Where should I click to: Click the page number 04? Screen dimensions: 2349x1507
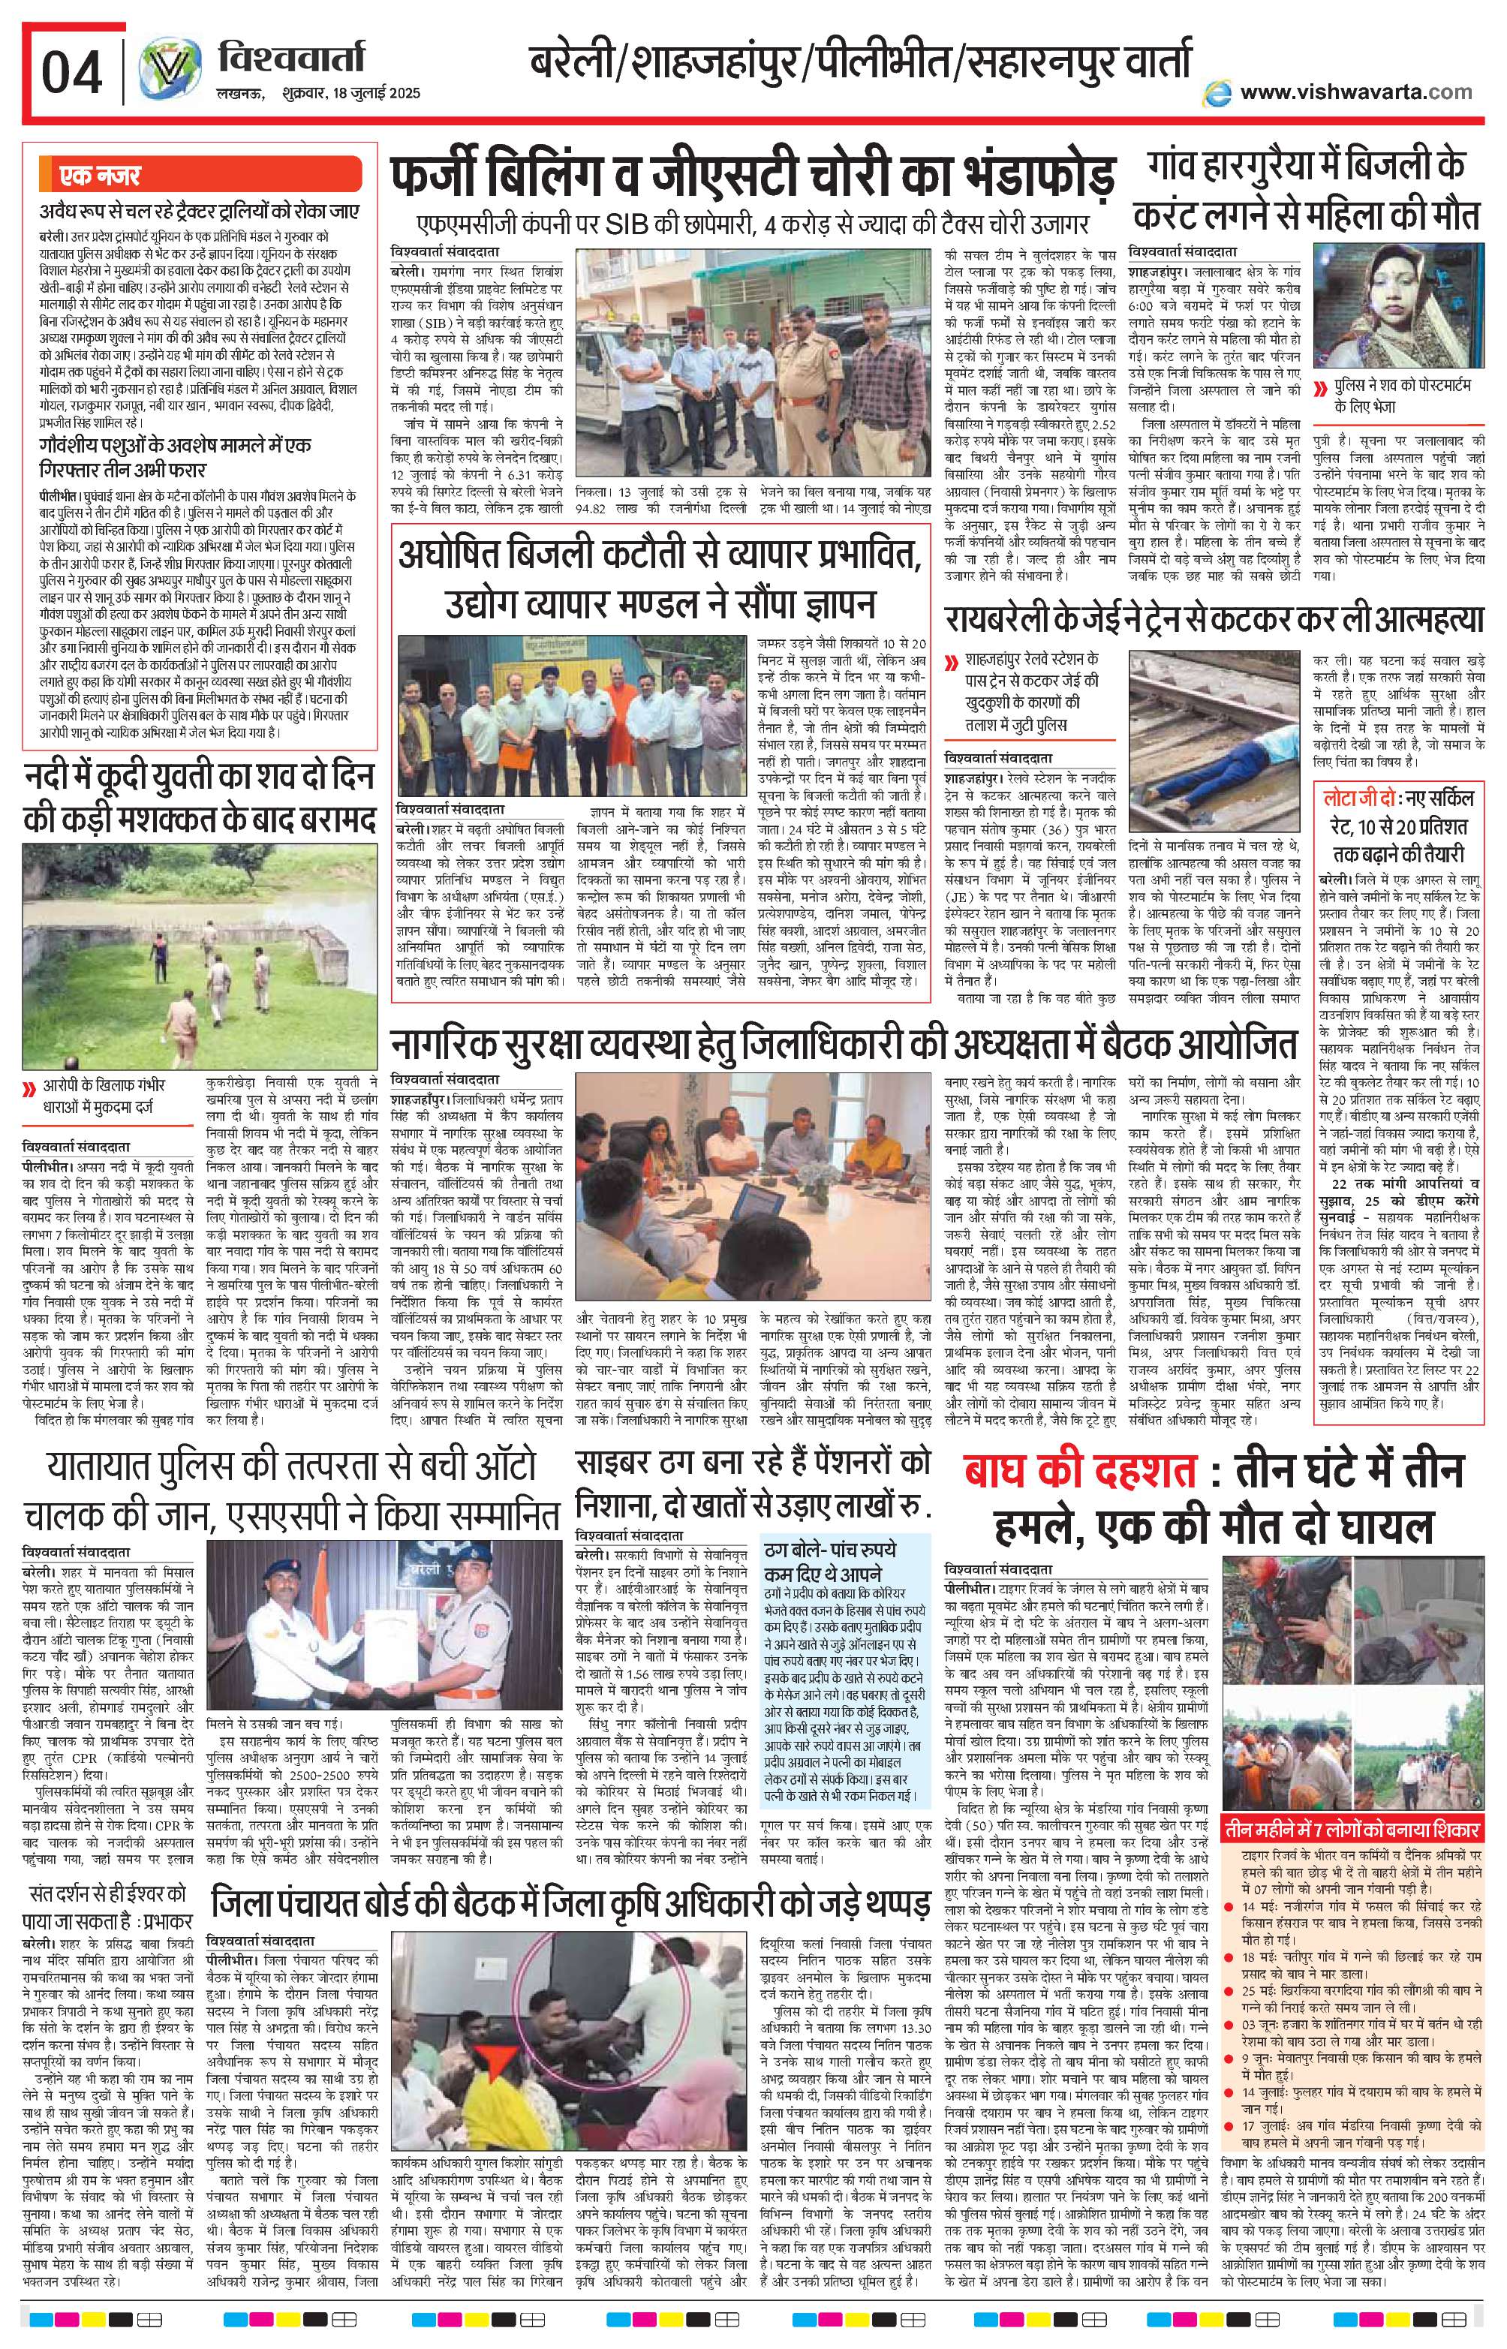[71, 74]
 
